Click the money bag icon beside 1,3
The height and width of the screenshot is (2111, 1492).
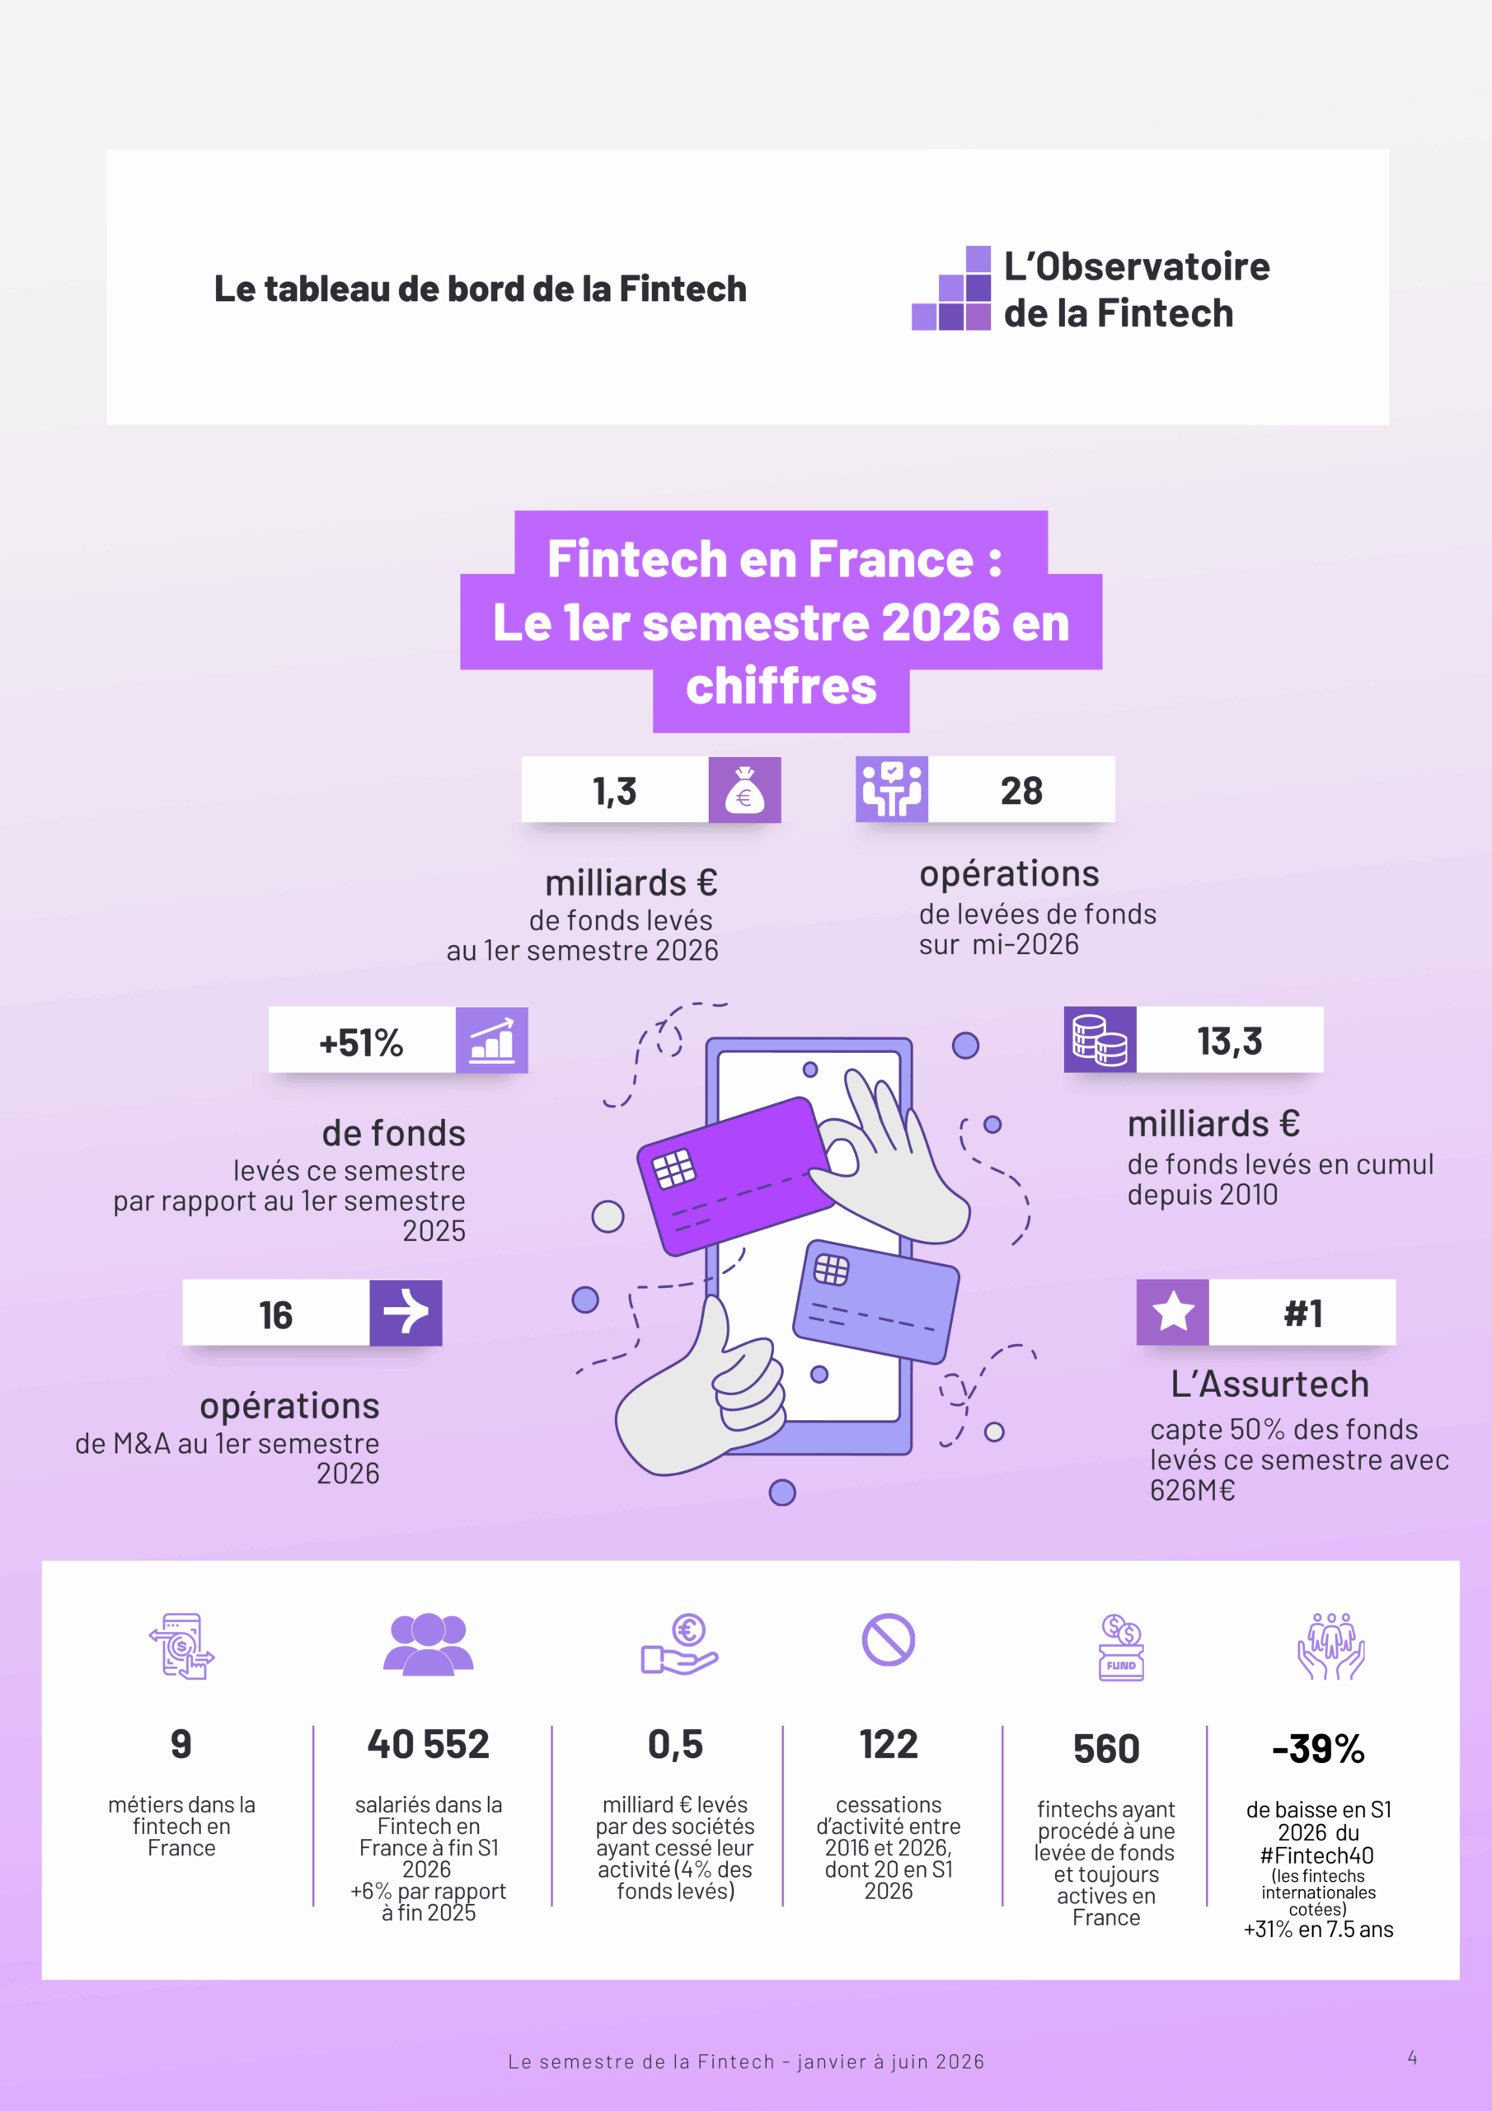(744, 790)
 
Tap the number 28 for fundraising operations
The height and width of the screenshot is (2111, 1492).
(1021, 791)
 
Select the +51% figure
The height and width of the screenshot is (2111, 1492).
(361, 1042)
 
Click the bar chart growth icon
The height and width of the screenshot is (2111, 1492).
(492, 1040)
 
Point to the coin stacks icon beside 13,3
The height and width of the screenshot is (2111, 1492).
(1100, 1039)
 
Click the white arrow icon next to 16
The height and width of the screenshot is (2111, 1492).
(406, 1312)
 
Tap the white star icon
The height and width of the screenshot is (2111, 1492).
(1173, 1311)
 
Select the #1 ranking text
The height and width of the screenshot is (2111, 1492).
(1302, 1313)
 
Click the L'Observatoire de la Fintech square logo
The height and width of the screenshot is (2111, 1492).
(951, 288)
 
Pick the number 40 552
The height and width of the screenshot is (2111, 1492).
(429, 1744)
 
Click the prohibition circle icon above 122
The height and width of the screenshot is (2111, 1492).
(888, 1639)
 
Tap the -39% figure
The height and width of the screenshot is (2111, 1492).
(1318, 1749)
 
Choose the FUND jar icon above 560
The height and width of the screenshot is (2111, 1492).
(1122, 1647)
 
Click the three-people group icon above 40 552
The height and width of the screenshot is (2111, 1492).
(429, 1643)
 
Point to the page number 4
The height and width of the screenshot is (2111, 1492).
(1412, 2057)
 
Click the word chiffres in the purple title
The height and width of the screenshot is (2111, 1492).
(781, 686)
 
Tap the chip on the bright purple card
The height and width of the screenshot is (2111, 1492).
(673, 1168)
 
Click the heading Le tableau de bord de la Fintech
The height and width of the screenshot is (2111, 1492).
(481, 289)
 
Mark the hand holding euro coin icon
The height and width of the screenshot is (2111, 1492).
(679, 1646)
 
